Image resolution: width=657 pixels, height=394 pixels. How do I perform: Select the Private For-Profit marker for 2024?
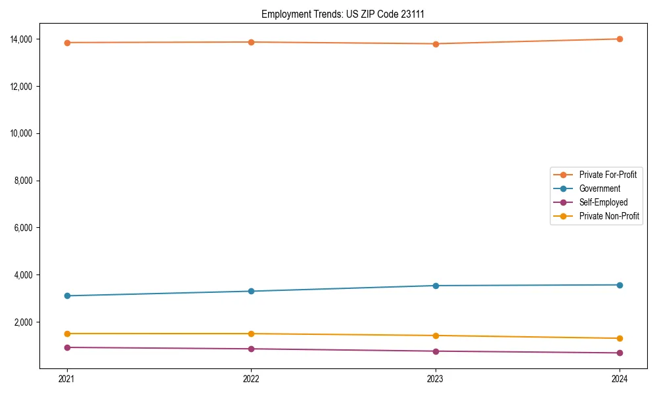[x=620, y=39]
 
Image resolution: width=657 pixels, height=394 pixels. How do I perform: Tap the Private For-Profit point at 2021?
[x=66, y=43]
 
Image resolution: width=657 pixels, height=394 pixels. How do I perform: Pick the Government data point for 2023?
[x=435, y=286]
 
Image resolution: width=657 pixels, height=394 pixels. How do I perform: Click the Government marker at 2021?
[x=66, y=295]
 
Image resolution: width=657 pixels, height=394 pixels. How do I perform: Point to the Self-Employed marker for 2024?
[x=620, y=353]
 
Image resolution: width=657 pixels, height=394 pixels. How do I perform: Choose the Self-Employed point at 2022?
[x=251, y=349]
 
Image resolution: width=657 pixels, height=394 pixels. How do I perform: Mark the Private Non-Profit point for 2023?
[x=435, y=336]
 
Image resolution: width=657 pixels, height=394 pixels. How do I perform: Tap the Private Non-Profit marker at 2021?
[x=66, y=334]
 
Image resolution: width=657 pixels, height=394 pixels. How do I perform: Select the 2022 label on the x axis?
[x=251, y=378]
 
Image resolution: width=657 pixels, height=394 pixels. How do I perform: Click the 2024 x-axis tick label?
[x=620, y=378]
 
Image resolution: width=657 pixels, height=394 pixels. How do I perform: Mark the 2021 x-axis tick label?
[x=66, y=378]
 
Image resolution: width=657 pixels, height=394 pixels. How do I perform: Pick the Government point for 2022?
[x=251, y=291]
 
